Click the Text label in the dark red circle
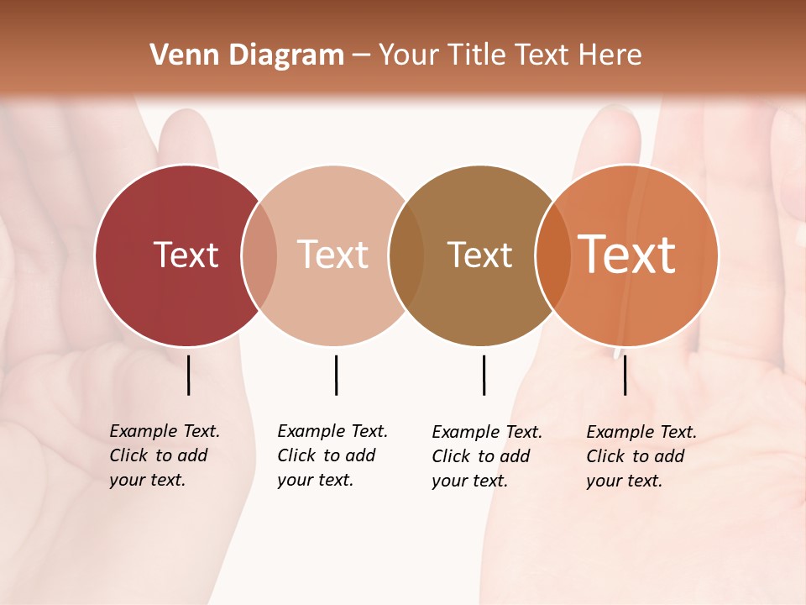(186, 255)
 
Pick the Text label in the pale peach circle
(333, 255)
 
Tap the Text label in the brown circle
(479, 255)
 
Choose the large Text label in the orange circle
(627, 255)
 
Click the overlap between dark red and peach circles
(259, 255)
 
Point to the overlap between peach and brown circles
(406, 255)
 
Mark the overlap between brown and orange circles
(553, 255)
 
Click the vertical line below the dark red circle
(189, 375)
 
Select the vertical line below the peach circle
(336, 375)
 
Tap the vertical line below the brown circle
(484, 375)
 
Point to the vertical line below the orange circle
(625, 375)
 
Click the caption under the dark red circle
(165, 455)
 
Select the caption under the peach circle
(332, 455)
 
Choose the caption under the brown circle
(487, 456)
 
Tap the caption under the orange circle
(641, 456)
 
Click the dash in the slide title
(361, 55)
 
